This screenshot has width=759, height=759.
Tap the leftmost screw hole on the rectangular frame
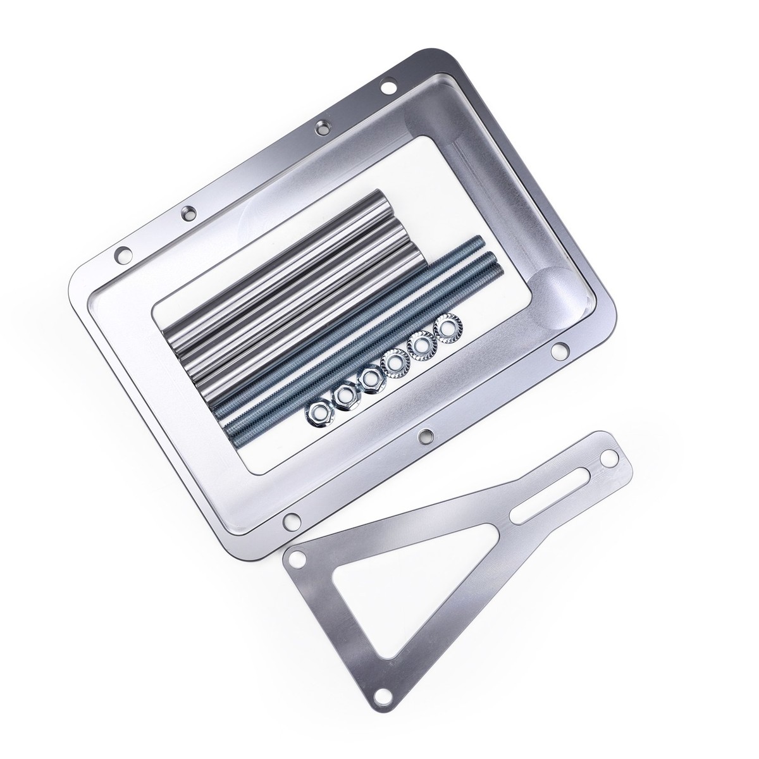(x=120, y=255)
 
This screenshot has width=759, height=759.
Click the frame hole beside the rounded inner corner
(x=558, y=349)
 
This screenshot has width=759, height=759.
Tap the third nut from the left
(x=369, y=379)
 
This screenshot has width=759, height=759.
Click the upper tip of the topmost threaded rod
(x=479, y=241)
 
